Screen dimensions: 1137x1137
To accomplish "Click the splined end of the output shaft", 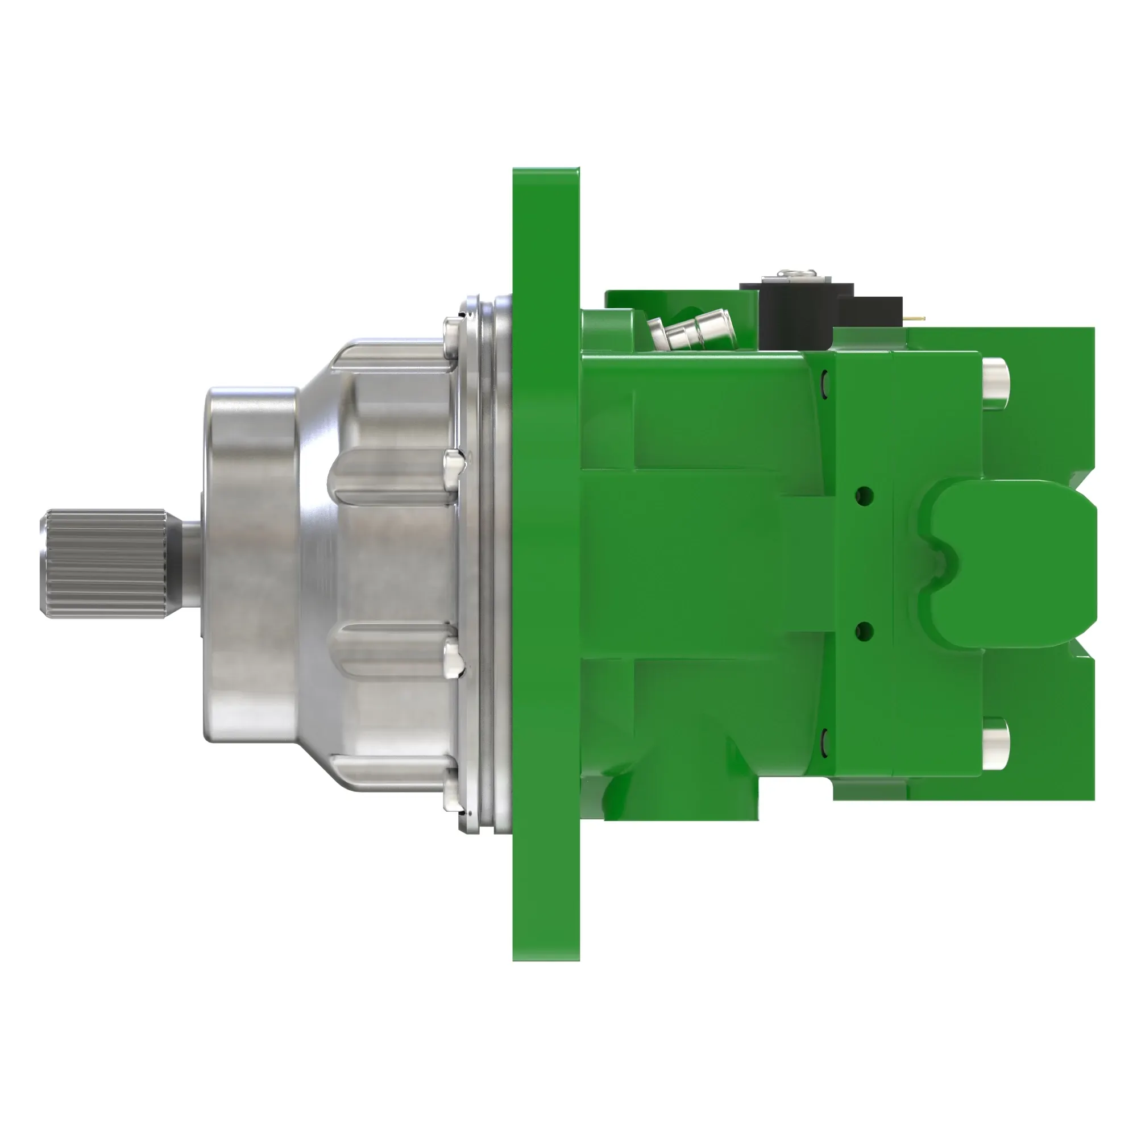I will click(x=103, y=563).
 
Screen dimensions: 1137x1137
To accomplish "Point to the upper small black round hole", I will click(x=864, y=495).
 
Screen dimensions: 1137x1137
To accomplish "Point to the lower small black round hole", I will click(x=864, y=632).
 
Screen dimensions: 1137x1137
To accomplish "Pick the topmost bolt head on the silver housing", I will click(x=451, y=337).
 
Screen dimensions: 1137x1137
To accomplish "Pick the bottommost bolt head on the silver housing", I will click(x=451, y=790).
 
